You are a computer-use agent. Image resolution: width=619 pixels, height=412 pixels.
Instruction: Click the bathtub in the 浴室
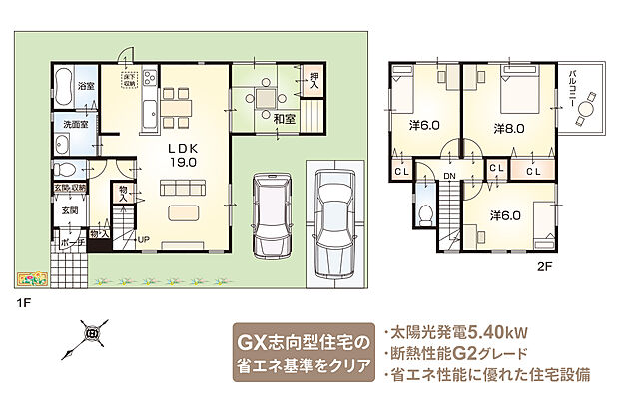point(60,87)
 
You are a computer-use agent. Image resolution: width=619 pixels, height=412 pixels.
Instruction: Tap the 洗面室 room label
point(72,125)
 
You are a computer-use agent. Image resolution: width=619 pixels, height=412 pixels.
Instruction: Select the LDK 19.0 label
point(183,153)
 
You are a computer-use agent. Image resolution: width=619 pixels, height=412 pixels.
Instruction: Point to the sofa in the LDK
point(182,185)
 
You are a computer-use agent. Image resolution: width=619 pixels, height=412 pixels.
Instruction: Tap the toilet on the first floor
point(67,169)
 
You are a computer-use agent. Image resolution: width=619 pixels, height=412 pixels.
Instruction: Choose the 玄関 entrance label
point(69,211)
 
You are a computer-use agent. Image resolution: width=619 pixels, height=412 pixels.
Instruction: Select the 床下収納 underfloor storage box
point(128,80)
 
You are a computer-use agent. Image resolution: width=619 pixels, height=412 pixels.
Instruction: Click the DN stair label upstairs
point(450,176)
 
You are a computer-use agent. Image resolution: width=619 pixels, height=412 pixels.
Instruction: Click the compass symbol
point(91,334)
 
